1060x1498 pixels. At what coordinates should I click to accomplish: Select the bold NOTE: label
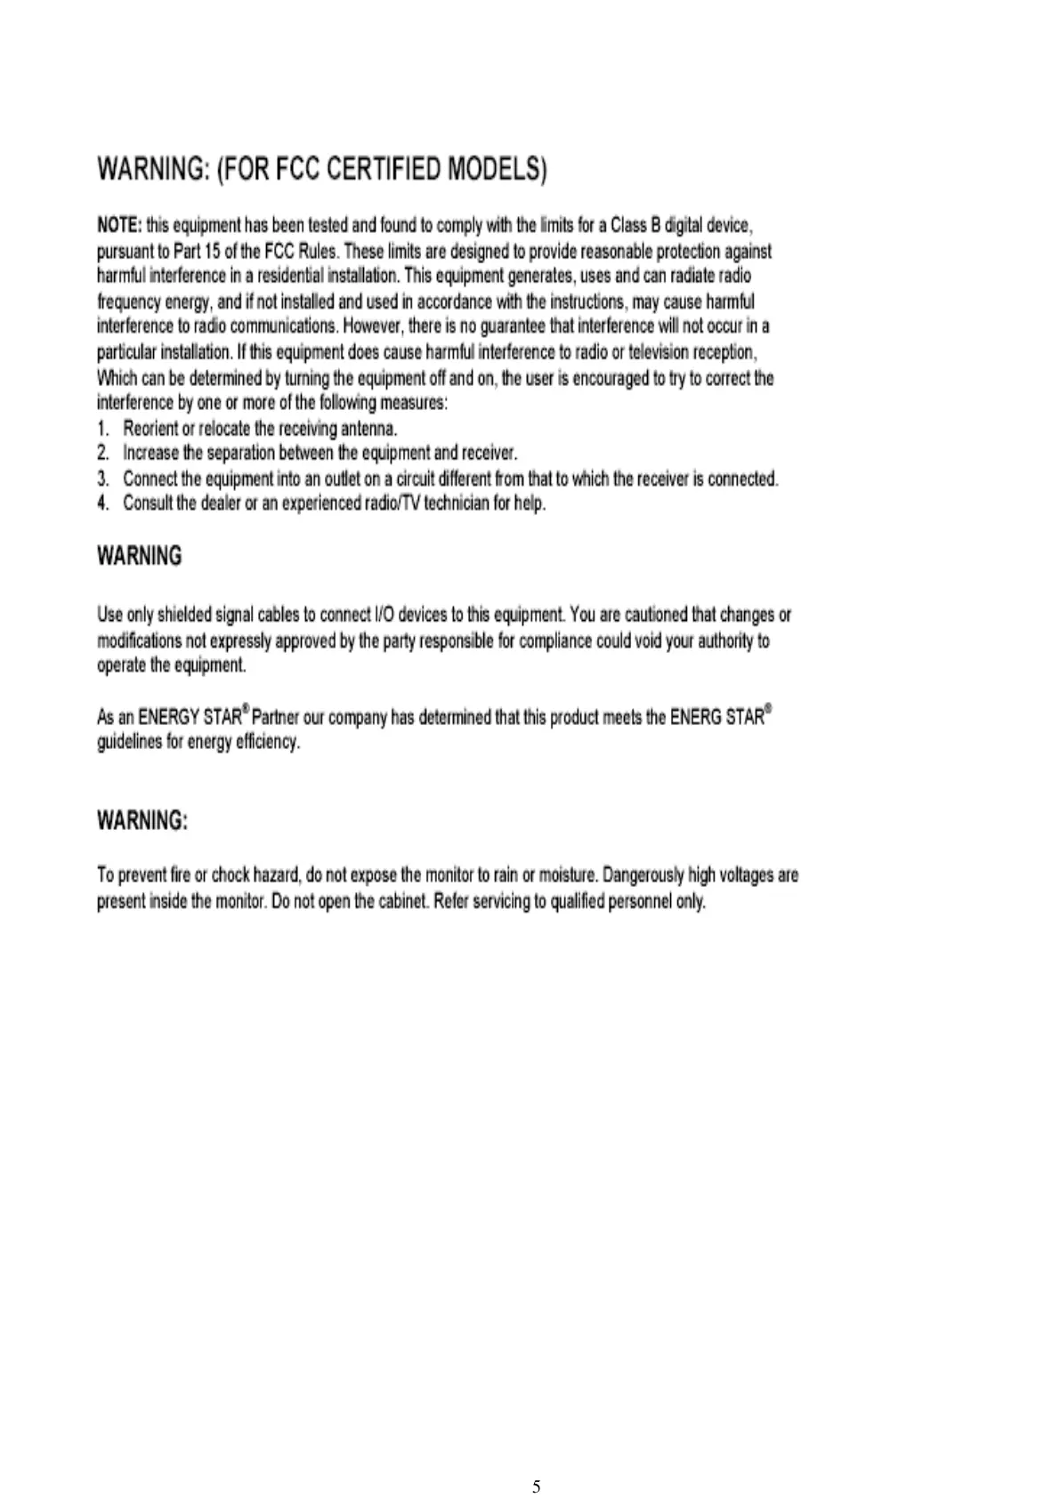coord(119,225)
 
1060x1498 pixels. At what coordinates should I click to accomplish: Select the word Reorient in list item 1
coord(150,429)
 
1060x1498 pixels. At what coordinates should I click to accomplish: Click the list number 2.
coord(103,454)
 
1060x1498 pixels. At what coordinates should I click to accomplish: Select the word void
coord(643,641)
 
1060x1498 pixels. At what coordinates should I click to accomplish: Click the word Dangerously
coord(643,876)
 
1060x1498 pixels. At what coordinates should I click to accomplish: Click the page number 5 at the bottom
coord(536,1462)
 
